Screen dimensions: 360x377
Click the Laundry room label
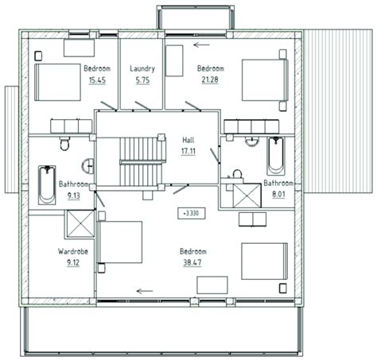tap(142, 68)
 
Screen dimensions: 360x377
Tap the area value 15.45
tap(97, 80)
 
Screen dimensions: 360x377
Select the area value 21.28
tap(210, 80)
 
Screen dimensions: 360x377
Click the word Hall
tap(188, 138)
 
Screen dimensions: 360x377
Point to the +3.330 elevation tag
tap(191, 213)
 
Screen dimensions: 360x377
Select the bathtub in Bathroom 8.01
tap(274, 156)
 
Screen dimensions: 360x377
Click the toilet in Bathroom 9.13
tap(64, 142)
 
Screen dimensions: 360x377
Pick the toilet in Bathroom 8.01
tap(237, 174)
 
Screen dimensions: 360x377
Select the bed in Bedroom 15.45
tap(56, 80)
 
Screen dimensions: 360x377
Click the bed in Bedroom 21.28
tap(262, 80)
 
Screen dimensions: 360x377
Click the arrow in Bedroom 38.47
tap(144, 291)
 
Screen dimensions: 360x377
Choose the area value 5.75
tap(142, 80)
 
